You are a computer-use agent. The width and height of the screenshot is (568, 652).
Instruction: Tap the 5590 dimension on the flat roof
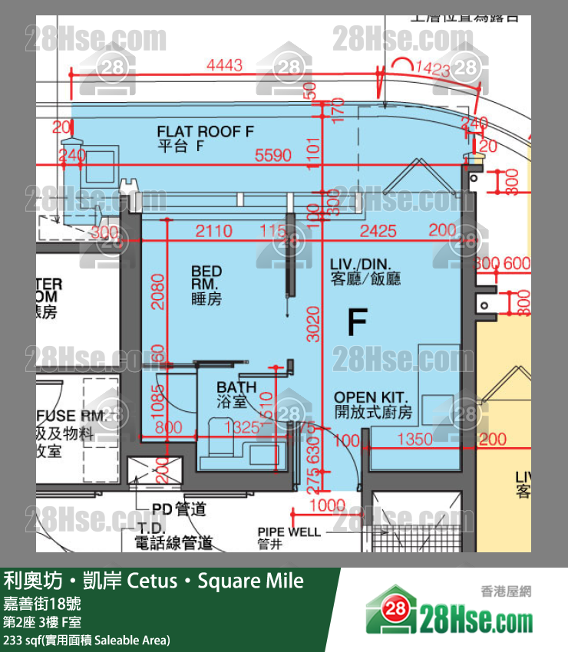click(273, 156)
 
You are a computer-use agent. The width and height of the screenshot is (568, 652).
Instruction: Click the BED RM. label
click(206, 285)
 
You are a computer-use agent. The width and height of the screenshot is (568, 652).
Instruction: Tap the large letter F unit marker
click(356, 323)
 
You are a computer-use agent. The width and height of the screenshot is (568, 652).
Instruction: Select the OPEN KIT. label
click(373, 404)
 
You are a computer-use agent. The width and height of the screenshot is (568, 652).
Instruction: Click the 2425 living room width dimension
click(378, 231)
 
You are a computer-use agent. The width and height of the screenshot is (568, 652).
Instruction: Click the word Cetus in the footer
click(153, 581)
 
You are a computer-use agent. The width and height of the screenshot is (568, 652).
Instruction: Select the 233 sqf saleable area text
click(86, 640)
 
